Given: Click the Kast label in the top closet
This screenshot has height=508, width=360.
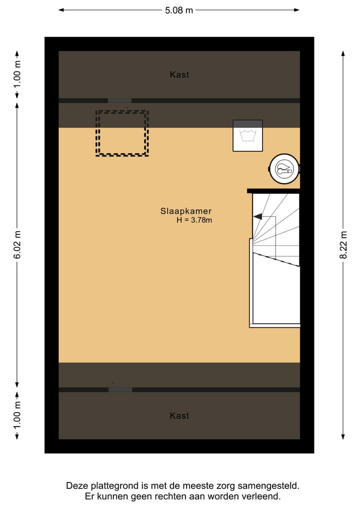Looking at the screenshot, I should click(179, 74).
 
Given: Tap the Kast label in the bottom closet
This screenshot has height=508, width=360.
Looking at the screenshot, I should click(179, 416).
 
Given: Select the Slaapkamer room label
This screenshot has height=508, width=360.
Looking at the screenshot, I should click(186, 211).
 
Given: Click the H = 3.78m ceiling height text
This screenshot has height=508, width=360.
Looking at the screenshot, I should click(194, 220).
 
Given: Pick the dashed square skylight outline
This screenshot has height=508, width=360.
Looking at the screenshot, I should click(122, 133).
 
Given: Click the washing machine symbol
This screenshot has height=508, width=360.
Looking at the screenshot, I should click(247, 135).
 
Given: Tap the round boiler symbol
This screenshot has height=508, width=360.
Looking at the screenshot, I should click(284, 170).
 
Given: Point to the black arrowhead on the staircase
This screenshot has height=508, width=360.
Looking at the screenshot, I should click(257, 217).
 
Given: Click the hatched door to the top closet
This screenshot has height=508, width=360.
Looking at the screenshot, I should click(120, 100).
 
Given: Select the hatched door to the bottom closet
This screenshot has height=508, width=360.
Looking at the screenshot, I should click(120, 390).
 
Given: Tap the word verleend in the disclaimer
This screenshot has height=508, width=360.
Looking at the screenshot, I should click(265, 496).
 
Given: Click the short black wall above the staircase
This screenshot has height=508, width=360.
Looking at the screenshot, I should click(273, 190).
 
